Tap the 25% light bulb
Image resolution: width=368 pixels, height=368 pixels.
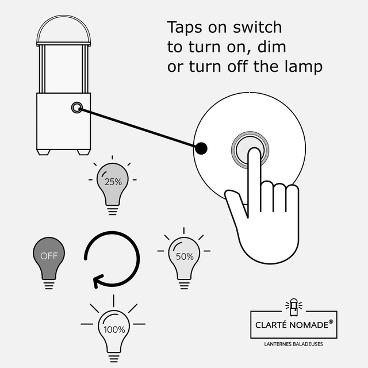[113, 185]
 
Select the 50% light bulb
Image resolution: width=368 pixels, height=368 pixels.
[184, 258]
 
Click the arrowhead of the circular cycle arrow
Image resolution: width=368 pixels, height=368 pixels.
[97, 281]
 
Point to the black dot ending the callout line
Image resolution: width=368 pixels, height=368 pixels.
[201, 148]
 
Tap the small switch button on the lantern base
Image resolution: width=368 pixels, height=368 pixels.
[76, 108]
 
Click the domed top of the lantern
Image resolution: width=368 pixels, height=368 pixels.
[64, 29]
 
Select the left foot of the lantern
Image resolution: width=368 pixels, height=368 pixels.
[44, 152]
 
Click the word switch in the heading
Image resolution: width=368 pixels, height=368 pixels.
[257, 27]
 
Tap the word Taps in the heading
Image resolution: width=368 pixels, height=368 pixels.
[185, 28]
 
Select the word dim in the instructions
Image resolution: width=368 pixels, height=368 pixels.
[271, 47]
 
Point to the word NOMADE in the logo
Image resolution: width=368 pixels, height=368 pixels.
[309, 325]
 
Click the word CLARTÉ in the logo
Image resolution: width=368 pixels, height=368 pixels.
[271, 324]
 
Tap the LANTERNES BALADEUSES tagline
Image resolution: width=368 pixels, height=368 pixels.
[293, 344]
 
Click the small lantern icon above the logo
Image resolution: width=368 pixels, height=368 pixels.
[294, 307]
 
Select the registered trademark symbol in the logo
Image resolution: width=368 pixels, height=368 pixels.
[331, 321]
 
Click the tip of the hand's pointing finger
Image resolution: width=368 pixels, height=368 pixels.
[254, 149]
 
